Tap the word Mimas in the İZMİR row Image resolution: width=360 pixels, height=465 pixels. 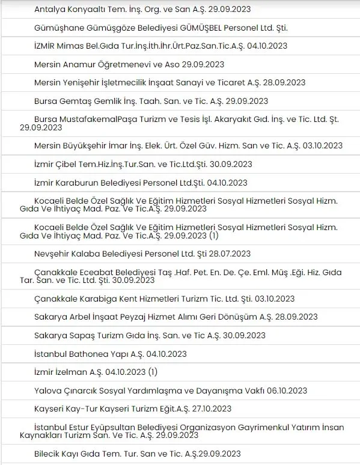(73, 46)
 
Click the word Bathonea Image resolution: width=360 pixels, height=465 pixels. (89, 353)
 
